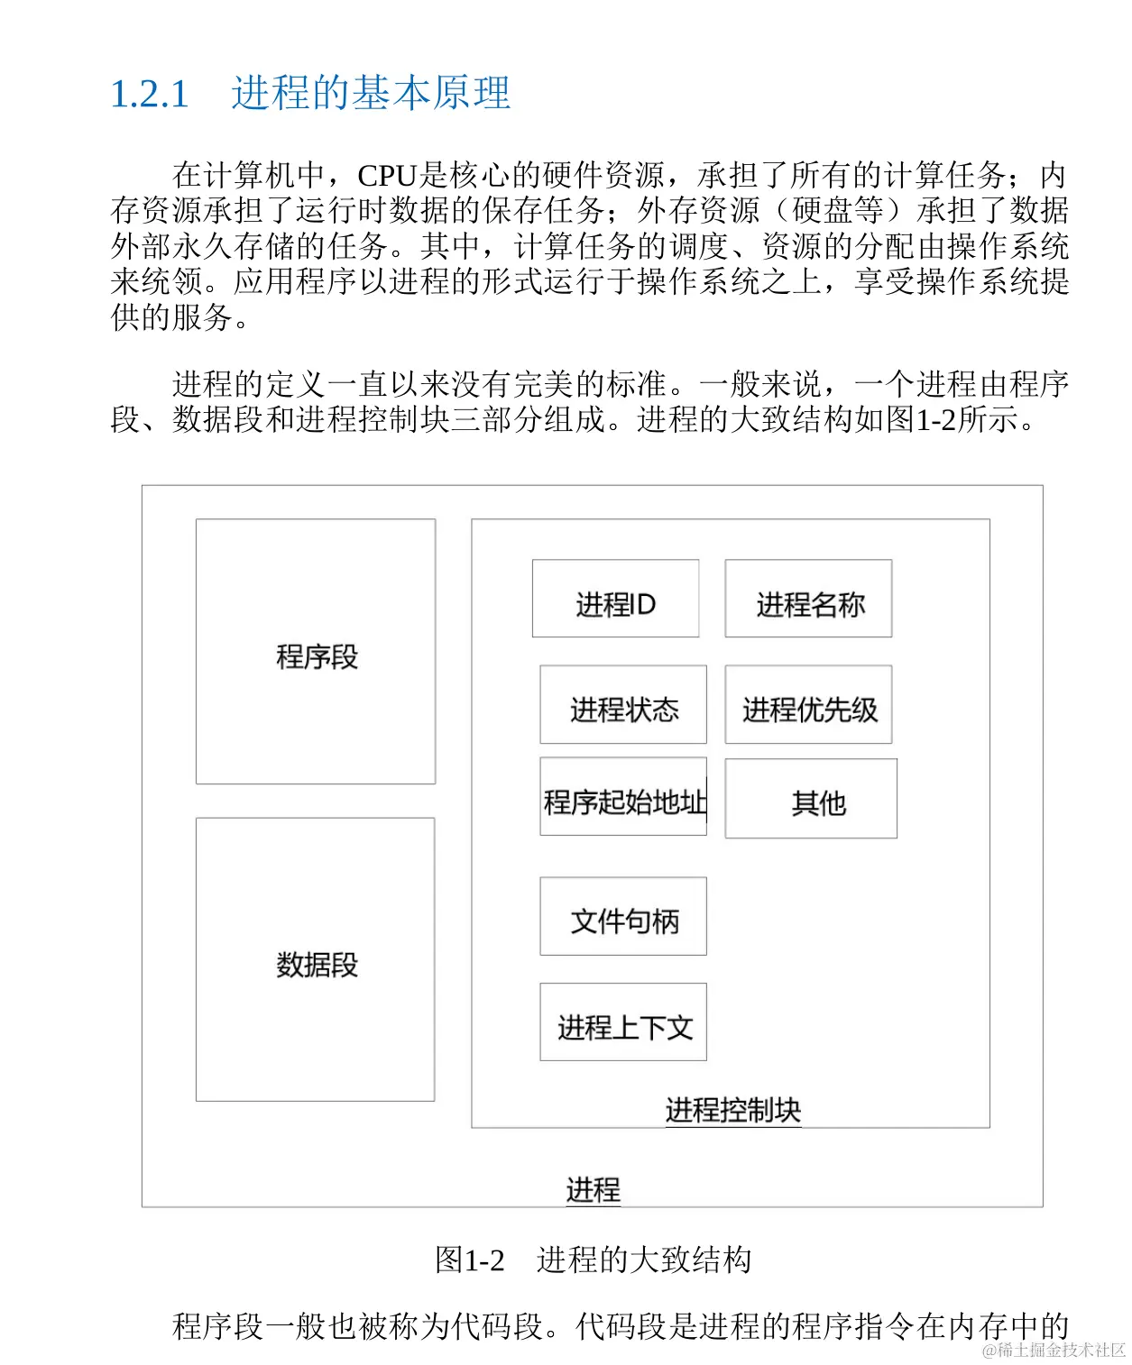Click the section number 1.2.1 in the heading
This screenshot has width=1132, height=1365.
(150, 94)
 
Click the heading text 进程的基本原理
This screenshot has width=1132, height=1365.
(371, 94)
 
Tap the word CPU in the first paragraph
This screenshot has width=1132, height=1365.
(386, 175)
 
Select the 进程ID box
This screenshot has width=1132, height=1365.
(615, 599)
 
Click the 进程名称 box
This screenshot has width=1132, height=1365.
(808, 599)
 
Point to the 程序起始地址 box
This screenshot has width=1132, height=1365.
(623, 798)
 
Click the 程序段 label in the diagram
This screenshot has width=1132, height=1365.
(317, 656)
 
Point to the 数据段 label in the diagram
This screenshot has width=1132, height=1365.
(317, 964)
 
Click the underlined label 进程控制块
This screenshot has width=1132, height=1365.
(732, 1110)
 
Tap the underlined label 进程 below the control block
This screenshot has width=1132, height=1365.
(593, 1190)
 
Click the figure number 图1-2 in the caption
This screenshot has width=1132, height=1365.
(469, 1260)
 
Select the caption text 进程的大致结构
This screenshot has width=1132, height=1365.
(643, 1260)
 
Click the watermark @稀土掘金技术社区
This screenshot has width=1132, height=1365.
(1054, 1350)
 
